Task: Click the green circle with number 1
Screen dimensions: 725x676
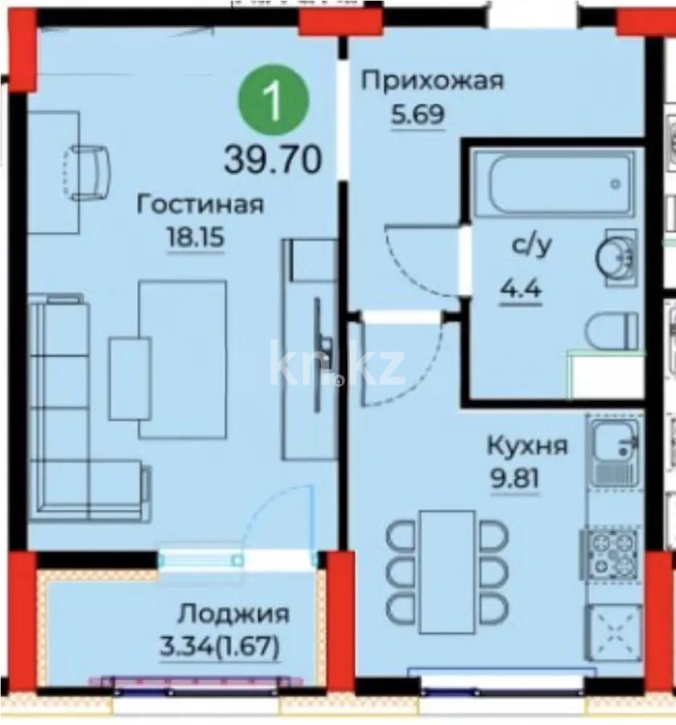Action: [274, 101]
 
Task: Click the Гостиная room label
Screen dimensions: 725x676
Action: [200, 205]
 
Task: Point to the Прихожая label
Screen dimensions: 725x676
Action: [431, 81]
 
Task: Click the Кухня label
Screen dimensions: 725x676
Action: [527, 445]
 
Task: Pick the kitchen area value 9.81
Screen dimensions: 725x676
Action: [516, 478]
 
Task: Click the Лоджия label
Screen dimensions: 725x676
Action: [233, 614]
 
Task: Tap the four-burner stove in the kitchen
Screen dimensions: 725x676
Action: [613, 553]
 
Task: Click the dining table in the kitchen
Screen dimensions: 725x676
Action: [447, 559]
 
